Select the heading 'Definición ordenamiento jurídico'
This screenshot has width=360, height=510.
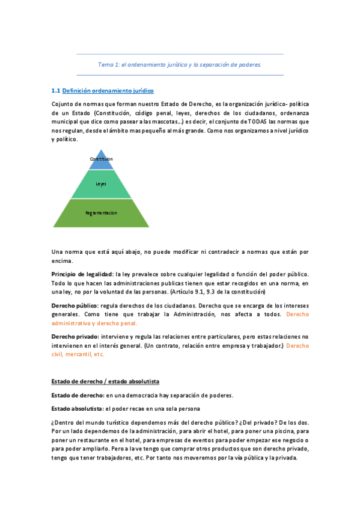coord(108,91)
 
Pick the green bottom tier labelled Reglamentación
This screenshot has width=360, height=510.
coord(101,213)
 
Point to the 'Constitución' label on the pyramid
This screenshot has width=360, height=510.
coord(101,159)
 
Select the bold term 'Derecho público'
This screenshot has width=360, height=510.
coord(75,306)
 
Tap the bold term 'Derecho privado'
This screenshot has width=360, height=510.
coord(75,337)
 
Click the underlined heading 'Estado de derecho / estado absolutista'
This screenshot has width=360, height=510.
coord(105,381)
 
